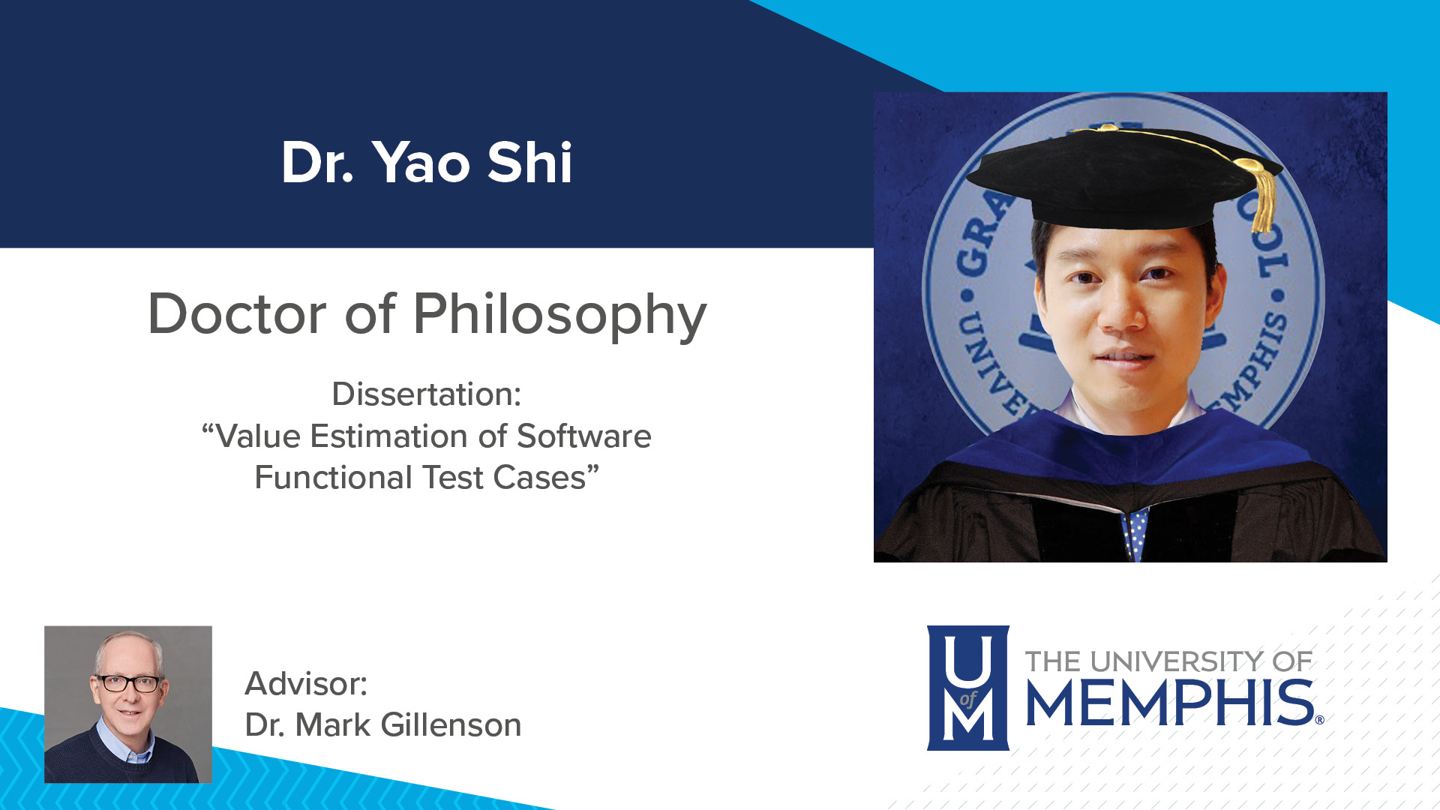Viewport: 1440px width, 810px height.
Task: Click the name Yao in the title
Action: [422, 163]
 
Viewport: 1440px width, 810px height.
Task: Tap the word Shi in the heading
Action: [529, 163]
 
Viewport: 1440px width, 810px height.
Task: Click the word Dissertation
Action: [425, 394]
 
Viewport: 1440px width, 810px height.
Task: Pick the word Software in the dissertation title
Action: [584, 436]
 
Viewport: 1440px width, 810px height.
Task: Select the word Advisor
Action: [305, 684]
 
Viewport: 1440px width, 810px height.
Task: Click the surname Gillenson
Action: [451, 725]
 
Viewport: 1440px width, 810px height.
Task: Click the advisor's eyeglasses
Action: [129, 683]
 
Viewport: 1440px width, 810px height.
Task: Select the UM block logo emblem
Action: [967, 688]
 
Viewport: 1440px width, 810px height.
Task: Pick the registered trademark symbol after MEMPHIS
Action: [1319, 720]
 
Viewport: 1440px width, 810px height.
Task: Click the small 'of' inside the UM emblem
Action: [968, 700]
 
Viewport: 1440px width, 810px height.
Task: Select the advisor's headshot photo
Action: [128, 704]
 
